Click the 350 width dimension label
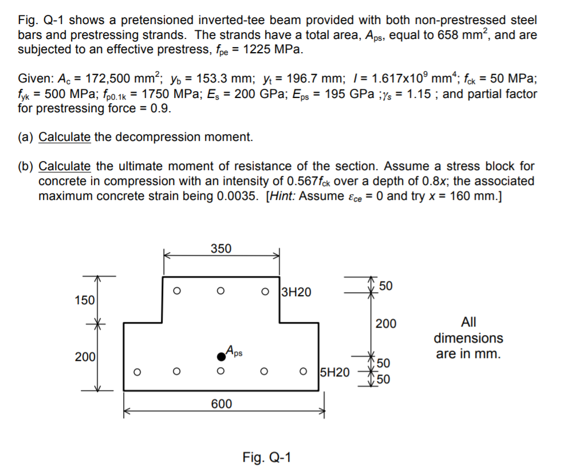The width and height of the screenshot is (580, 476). [221, 249]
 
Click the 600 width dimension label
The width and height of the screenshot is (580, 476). [222, 404]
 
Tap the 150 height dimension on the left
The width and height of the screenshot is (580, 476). [85, 300]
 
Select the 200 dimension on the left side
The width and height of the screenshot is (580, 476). [85, 357]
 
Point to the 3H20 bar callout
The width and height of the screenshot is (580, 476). [297, 292]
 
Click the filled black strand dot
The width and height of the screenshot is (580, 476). [220, 357]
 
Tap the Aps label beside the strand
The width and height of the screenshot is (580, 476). [234, 349]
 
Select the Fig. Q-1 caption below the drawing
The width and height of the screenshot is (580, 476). [267, 457]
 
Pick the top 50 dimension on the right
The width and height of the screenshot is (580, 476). [385, 286]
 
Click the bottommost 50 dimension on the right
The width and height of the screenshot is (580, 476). [383, 379]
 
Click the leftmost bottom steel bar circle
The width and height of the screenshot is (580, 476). [136, 371]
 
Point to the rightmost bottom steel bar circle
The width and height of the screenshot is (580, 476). [304, 371]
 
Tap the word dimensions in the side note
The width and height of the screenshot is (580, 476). [468, 338]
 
